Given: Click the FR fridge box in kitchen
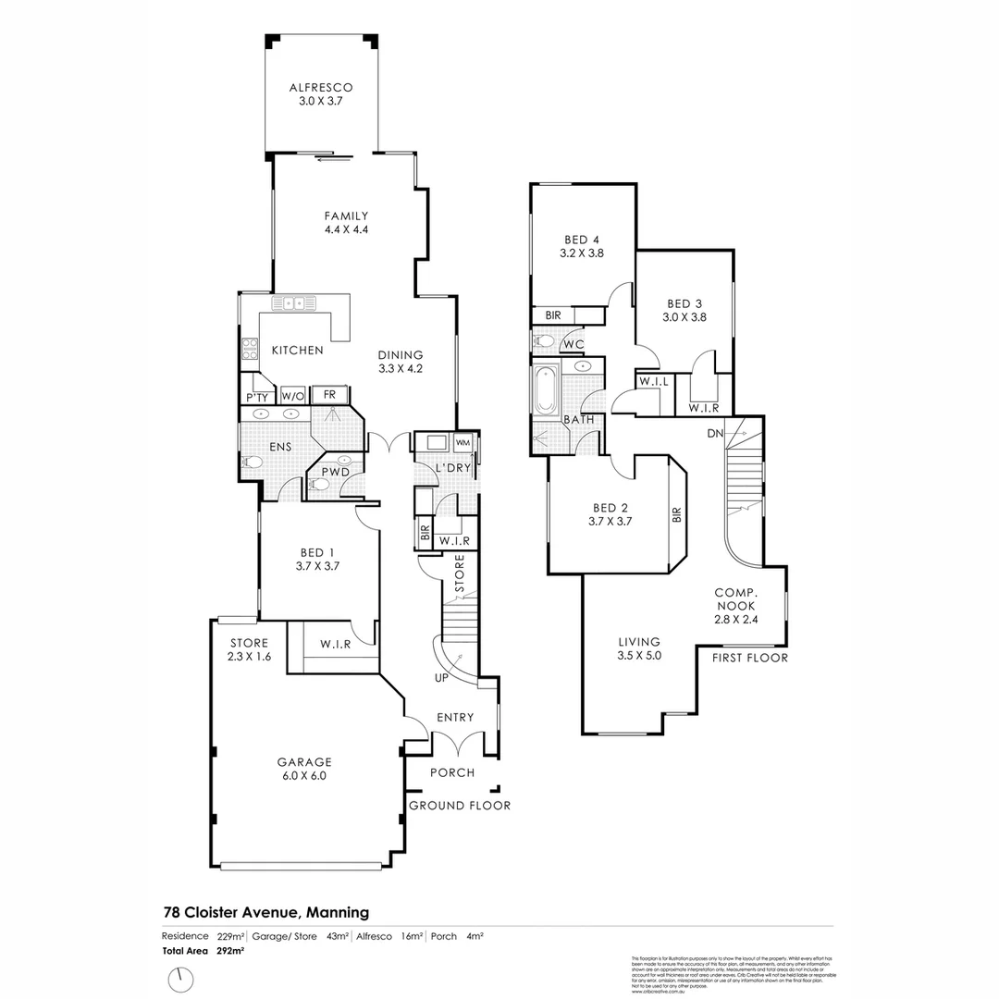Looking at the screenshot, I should point(328,395).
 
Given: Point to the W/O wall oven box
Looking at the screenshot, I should point(292,396).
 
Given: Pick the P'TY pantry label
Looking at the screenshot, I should point(256,397).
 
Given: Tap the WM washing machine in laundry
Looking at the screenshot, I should point(462,443).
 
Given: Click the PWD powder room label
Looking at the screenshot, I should point(334,474).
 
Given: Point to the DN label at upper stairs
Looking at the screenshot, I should point(714,433).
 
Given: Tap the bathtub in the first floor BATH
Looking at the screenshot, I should point(544,391).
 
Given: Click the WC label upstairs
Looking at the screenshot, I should point(573,345).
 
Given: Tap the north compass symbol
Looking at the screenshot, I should point(182,977).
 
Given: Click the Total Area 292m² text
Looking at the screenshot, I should point(191,950).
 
